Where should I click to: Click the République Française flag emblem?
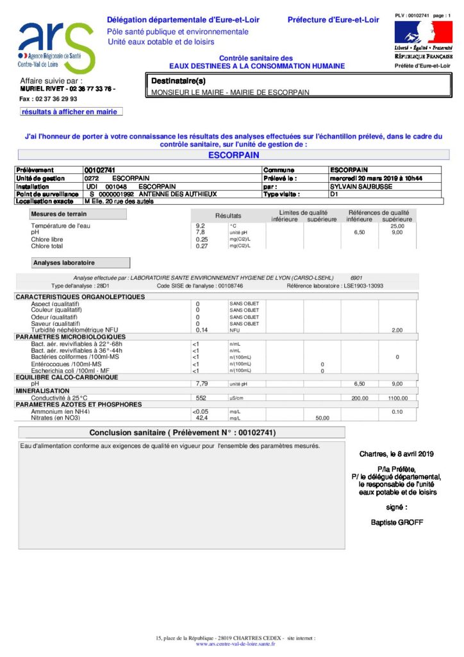(x=423, y=32)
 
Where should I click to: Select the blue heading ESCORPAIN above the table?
(x=233, y=155)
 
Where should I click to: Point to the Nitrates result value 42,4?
(x=201, y=418)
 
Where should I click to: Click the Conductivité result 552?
(x=201, y=398)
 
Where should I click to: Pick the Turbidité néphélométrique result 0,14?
(x=202, y=330)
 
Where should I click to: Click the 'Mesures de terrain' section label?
(x=59, y=214)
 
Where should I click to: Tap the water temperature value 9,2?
(x=200, y=226)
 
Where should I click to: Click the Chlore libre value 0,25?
(x=201, y=239)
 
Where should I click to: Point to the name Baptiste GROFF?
(x=397, y=522)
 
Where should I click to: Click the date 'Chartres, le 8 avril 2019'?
(x=397, y=454)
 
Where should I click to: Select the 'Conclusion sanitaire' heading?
(x=183, y=432)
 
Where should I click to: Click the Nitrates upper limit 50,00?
(x=322, y=418)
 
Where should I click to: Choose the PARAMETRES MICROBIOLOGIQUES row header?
(x=70, y=336)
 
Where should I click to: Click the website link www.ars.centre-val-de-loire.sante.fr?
(x=235, y=644)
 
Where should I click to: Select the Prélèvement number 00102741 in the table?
(x=99, y=170)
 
